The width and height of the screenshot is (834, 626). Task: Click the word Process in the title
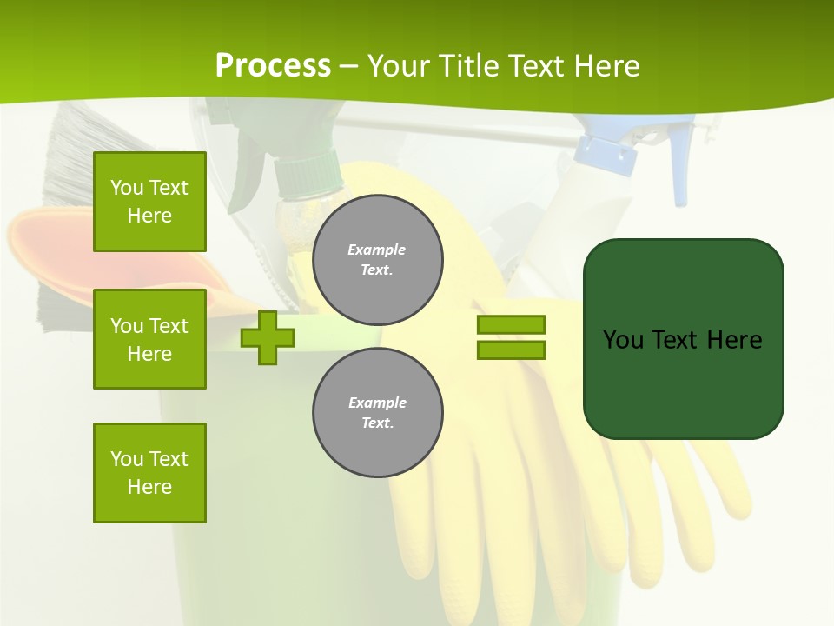(x=273, y=65)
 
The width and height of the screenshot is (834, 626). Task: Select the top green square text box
(x=149, y=202)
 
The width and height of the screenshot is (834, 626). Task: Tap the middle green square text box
(x=149, y=339)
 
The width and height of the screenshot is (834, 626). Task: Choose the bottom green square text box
(x=149, y=472)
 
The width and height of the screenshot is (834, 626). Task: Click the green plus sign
(x=267, y=338)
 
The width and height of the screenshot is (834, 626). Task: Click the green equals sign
(x=511, y=337)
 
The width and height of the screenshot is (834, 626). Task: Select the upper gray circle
(x=377, y=259)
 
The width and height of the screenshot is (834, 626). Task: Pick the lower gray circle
(x=377, y=412)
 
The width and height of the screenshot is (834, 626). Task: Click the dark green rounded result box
(x=683, y=339)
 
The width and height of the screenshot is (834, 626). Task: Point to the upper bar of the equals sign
(x=511, y=324)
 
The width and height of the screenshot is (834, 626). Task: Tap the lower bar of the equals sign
(x=511, y=350)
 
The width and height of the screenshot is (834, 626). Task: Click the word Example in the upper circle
(x=376, y=250)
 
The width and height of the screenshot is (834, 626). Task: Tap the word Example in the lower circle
(x=377, y=403)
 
